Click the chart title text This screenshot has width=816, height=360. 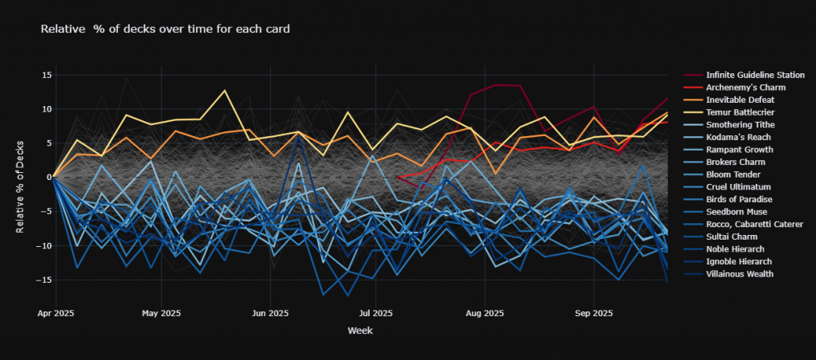tap(164, 29)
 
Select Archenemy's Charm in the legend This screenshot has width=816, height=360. tap(745, 87)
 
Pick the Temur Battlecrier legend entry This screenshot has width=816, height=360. tap(743, 112)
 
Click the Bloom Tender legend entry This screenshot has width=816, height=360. tap(733, 174)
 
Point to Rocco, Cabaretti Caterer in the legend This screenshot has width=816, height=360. tap(755, 224)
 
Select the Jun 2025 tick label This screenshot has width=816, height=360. tap(270, 313)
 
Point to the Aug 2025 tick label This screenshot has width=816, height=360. tap(484, 313)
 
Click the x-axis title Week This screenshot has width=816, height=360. tap(359, 331)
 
